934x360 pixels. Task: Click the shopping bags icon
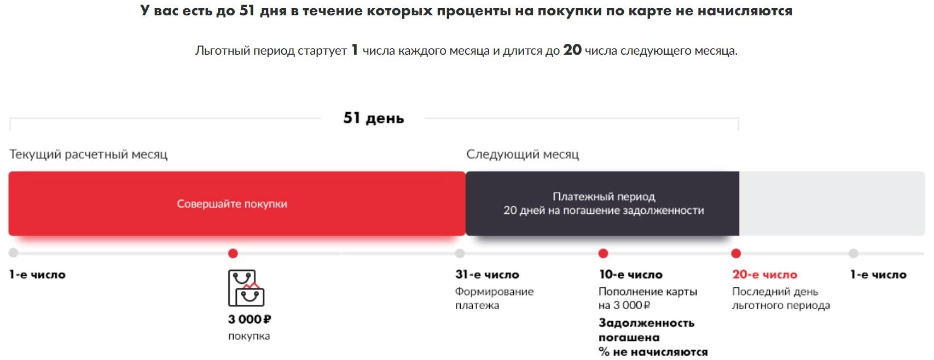246,288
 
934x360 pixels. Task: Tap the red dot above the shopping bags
233,253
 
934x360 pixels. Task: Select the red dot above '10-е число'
603,253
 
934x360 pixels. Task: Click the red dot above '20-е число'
736,253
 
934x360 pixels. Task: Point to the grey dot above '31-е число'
460,253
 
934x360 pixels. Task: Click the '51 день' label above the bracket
373,118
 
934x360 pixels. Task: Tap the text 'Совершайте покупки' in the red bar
232,204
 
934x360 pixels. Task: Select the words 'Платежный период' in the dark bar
604,196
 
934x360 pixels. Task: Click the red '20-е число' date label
764,275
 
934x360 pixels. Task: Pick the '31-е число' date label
487,275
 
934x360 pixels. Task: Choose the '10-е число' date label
630,275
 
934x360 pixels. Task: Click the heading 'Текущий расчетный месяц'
88,154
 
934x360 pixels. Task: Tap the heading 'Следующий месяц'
523,154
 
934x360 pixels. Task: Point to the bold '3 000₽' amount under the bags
250,319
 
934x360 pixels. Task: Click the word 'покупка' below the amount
249,336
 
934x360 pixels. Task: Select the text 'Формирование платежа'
494,298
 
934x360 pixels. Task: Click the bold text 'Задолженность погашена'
646,330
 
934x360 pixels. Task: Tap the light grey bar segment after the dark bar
832,204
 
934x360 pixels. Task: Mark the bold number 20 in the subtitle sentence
572,50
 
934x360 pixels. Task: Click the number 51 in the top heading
247,10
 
